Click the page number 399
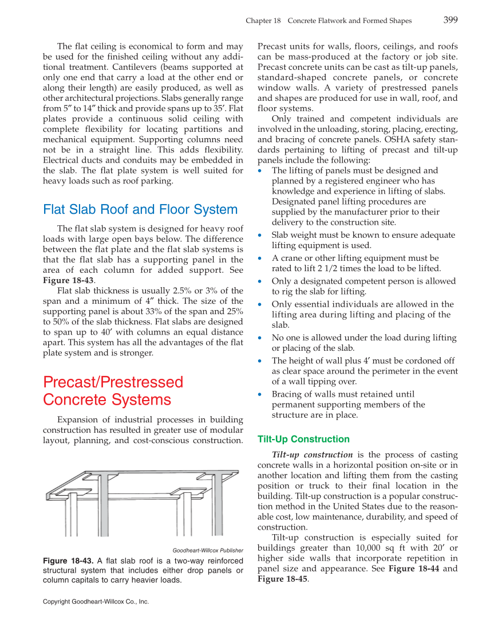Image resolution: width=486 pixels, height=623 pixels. (450, 20)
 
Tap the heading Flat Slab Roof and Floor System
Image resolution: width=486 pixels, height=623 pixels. (140, 210)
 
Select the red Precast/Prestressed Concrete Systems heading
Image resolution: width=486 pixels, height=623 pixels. (113, 391)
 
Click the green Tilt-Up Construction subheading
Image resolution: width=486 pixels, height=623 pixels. (303, 439)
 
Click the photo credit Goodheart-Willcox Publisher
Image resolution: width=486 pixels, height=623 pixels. (200, 551)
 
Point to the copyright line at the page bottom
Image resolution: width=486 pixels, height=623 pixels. (96, 602)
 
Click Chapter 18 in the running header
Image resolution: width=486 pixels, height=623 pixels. (263, 21)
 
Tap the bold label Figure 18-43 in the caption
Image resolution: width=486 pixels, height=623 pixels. (68, 561)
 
